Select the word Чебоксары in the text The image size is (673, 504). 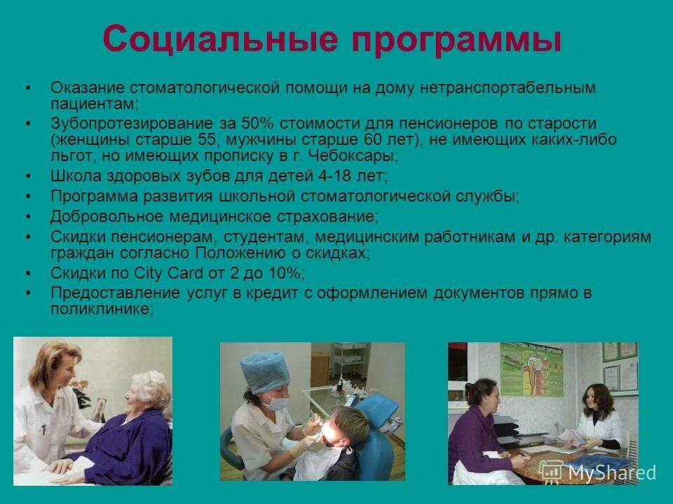[x=357, y=155]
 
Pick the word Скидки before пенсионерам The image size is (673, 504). [x=74, y=237]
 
